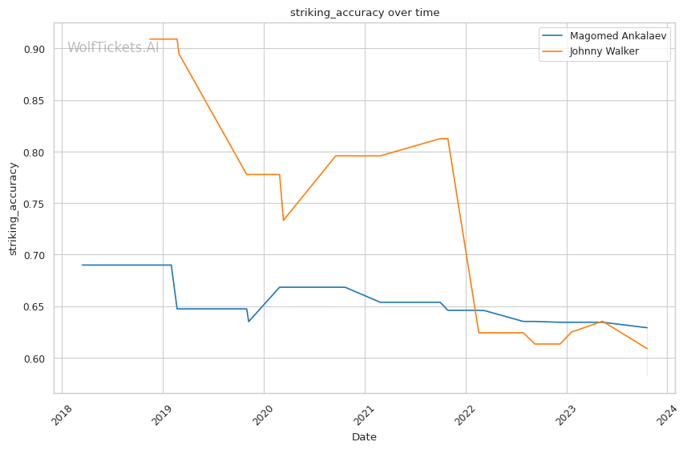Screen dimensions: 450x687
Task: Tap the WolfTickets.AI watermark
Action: coord(113,47)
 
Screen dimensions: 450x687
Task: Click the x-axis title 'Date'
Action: coord(364,437)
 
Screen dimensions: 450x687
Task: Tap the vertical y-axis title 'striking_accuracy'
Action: coord(13,209)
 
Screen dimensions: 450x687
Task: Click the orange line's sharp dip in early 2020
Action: coord(283,221)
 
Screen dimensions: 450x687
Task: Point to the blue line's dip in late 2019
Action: coord(249,322)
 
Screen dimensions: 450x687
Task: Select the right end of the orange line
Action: coord(647,349)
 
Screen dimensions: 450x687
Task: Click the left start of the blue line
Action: coord(82,265)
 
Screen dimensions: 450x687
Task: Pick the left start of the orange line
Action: coord(150,39)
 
